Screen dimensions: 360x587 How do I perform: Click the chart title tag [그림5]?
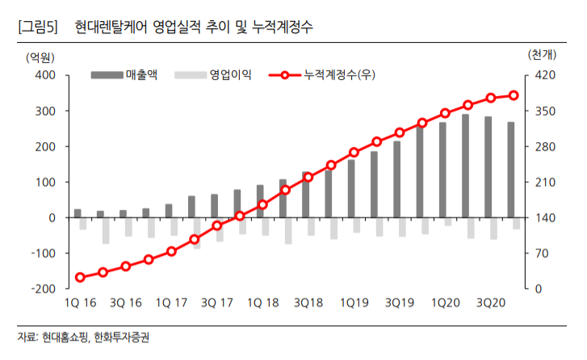pos(37,27)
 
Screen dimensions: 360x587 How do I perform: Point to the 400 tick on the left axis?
pos(44,76)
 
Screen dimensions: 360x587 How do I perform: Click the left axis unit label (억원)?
pos(40,56)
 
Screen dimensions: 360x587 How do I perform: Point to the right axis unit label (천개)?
pos(543,56)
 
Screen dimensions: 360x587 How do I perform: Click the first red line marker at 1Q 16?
pos(80,278)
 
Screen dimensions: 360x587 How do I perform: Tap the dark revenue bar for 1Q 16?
pos(78,213)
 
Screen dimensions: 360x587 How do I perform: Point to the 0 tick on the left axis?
pos(52,218)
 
